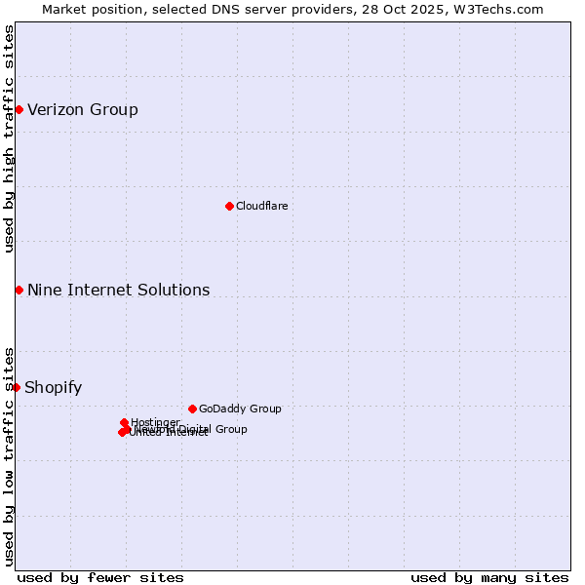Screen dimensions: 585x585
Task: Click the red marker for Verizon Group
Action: click(19, 109)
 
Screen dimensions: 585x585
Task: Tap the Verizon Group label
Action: click(83, 109)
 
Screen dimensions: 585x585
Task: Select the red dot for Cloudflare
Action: click(229, 206)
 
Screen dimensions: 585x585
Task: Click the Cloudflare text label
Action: click(261, 206)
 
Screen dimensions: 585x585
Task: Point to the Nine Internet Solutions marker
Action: click(19, 290)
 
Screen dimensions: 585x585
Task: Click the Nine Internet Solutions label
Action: click(118, 290)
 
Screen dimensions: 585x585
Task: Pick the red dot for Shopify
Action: click(16, 387)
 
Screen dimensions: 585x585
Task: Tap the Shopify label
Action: click(53, 387)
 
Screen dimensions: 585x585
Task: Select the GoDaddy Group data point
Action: click(192, 409)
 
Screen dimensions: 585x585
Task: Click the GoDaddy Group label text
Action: click(239, 409)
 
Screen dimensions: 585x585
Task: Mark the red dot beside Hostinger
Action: click(124, 422)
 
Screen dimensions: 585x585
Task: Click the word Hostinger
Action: click(155, 422)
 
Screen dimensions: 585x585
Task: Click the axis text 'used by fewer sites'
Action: click(100, 577)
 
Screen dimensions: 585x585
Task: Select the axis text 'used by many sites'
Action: click(489, 577)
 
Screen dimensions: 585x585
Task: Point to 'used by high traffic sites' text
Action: click(10, 138)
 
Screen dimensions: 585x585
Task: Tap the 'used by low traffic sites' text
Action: click(10, 455)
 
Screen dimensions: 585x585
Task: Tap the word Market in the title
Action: click(64, 9)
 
